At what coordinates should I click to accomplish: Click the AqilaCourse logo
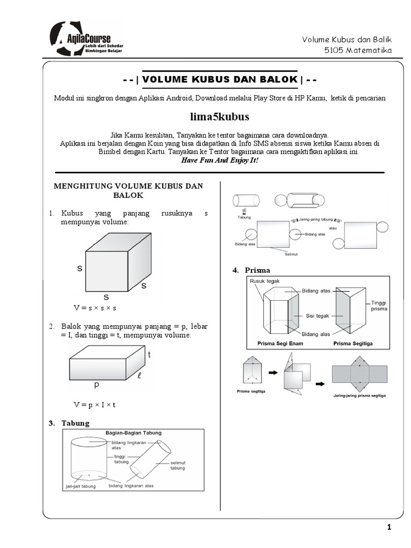tap(86, 39)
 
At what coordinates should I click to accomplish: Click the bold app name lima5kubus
tap(219, 116)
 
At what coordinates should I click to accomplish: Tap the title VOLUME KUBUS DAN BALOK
tap(219, 79)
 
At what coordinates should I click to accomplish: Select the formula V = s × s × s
tap(95, 308)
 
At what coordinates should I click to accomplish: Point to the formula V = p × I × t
tap(95, 404)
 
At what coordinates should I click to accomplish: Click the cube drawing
tap(118, 262)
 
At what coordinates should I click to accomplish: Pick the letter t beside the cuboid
tap(149, 355)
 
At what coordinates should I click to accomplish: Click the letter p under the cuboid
tap(97, 384)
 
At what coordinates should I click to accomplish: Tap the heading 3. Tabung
tap(69, 423)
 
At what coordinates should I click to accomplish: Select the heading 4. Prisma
tap(252, 270)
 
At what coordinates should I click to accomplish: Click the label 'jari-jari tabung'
tap(81, 486)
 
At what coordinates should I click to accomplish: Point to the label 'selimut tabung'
tap(178, 465)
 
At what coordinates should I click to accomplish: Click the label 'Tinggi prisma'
tap(378, 306)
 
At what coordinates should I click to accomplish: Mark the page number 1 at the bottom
tap(390, 528)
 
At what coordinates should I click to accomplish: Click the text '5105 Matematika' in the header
tap(358, 50)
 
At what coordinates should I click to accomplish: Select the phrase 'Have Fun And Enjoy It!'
tap(219, 160)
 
